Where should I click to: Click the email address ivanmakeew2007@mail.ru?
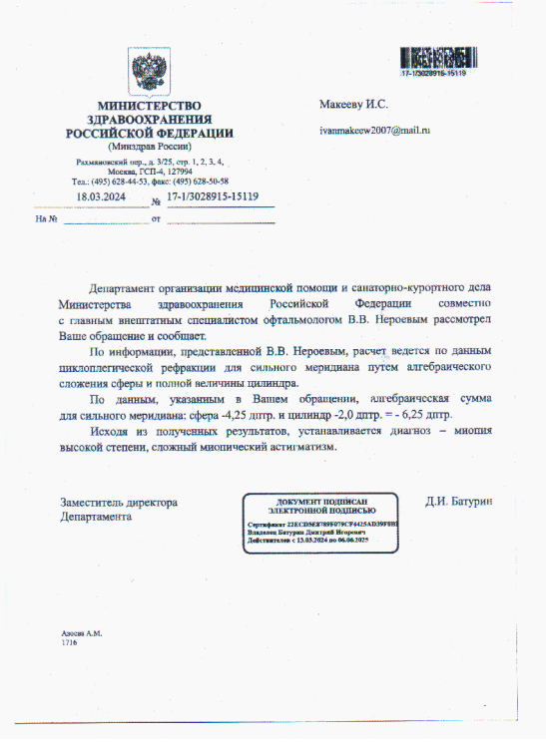374,131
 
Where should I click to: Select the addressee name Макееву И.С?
353,104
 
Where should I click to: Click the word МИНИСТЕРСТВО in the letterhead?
149,107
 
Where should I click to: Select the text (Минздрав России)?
149,146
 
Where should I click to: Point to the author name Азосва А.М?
82,634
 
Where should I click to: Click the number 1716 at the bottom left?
70,644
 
